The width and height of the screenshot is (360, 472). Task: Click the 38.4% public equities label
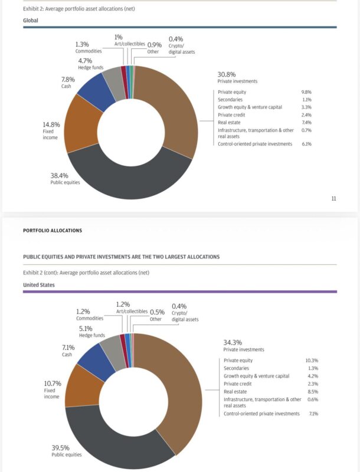[60, 176]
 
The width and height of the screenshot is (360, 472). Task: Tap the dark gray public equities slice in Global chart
[130, 179]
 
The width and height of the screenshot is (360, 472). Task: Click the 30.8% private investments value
[227, 74]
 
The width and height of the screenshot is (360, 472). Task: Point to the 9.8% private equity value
[306, 92]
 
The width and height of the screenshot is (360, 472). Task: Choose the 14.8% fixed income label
[51, 124]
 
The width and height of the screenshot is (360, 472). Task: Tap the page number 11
[333, 198]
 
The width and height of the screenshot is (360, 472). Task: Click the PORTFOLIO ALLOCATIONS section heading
[53, 231]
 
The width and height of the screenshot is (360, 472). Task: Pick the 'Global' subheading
[31, 20]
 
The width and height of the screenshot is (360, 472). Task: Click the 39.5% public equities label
[61, 447]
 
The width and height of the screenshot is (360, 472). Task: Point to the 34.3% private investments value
[233, 342]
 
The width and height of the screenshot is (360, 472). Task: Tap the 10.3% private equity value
[312, 360]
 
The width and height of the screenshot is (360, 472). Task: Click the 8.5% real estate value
[313, 391]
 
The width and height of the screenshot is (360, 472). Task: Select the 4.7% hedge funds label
[86, 61]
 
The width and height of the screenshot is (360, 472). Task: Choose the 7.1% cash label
[68, 348]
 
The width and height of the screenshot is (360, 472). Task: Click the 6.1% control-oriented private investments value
[306, 144]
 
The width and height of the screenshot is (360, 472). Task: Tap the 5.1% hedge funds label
[86, 328]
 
